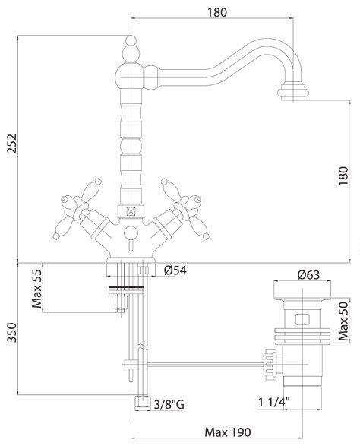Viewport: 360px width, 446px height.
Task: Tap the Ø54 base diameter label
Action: pos(175,270)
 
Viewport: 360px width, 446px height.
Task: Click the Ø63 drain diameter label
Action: pos(308,275)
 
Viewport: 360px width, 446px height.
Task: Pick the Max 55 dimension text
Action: pos(37,289)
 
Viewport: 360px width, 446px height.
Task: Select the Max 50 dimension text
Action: pos(343,321)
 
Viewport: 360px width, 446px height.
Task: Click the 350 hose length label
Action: pos(12,333)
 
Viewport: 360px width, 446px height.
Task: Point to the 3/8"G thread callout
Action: pos(169,404)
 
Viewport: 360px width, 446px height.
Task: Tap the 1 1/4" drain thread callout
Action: pos(274,402)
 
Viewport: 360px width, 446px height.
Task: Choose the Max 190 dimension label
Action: pos(228,432)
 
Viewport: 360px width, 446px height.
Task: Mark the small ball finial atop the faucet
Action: pos(131,40)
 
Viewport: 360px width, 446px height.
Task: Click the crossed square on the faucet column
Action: pos(131,211)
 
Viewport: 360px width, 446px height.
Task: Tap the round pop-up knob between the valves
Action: pos(131,232)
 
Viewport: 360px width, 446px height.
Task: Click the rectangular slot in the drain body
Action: pos(302,319)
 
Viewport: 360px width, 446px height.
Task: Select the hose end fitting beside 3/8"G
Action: pos(142,403)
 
